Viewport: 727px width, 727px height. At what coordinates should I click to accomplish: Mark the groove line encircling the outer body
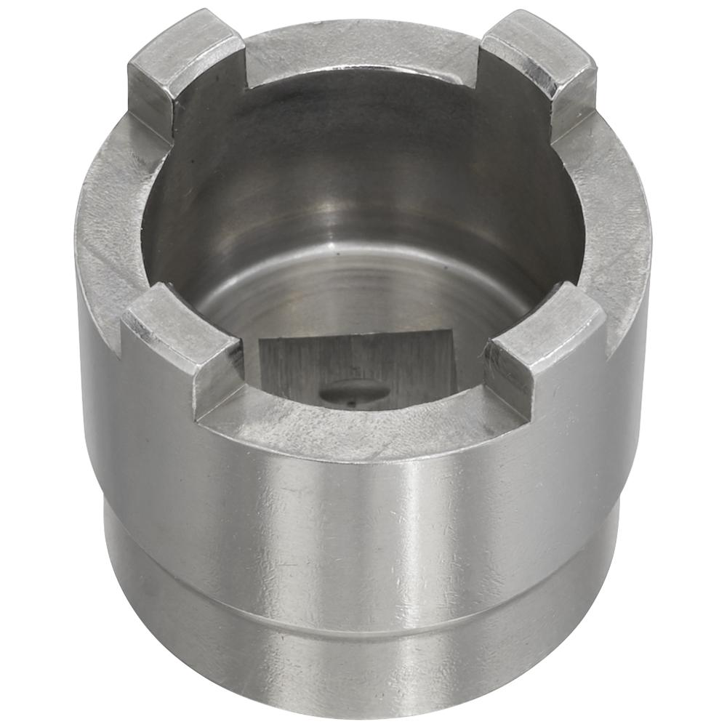point(363,607)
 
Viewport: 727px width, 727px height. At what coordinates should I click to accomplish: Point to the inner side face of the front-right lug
point(509,371)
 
